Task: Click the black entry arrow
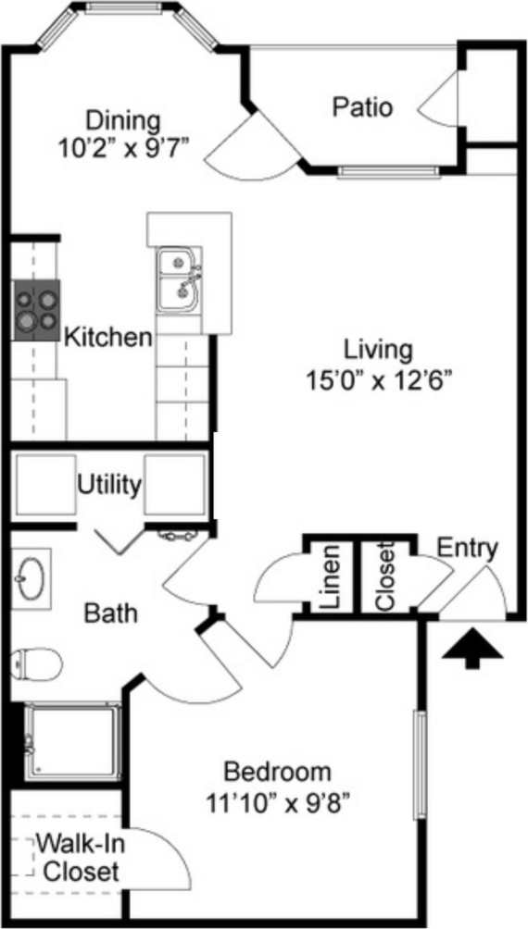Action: (472, 648)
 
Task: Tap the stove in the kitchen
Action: (36, 310)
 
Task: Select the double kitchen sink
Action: (178, 279)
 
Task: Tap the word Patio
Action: (362, 107)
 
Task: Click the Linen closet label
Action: (332, 577)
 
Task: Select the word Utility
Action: (109, 485)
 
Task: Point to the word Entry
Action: (467, 548)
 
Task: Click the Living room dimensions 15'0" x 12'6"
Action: (377, 379)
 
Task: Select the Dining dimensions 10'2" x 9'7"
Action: (123, 146)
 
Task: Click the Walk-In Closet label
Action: (82, 858)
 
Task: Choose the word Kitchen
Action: (108, 337)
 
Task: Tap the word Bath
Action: (111, 613)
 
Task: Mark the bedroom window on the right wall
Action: (419, 764)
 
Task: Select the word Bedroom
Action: (277, 772)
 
